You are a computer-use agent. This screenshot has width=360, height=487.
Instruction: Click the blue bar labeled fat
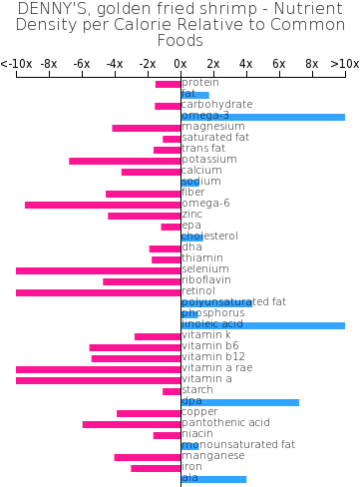(195, 95)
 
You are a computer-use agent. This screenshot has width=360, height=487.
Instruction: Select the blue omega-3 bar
(263, 117)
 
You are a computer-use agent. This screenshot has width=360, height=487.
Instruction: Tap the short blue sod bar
(190, 183)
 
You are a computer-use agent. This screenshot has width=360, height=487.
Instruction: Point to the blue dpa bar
(240, 402)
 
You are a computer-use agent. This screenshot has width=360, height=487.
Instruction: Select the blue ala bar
(214, 479)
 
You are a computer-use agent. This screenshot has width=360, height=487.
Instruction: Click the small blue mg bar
(190, 446)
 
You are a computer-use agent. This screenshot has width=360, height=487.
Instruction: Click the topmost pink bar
(168, 84)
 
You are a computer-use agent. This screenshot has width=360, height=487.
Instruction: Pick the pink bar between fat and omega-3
(168, 106)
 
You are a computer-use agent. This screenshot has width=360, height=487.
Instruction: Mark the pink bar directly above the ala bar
(156, 468)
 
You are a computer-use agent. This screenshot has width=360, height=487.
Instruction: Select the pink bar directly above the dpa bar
(172, 391)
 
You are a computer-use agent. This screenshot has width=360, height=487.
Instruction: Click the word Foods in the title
(180, 41)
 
